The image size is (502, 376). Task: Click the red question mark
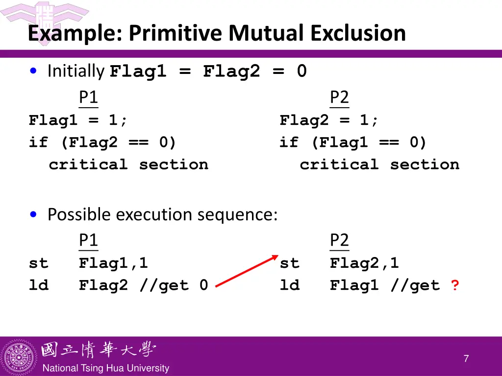click(455, 285)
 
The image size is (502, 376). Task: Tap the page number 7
click(466, 359)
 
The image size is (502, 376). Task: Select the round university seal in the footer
click(19, 357)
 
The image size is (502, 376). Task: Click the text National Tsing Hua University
click(105, 368)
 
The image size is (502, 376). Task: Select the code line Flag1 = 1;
click(78, 120)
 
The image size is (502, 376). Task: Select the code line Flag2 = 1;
click(329, 120)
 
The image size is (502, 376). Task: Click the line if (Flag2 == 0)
click(102, 142)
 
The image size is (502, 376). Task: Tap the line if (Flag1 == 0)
click(353, 142)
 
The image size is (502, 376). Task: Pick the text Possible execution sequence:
click(162, 214)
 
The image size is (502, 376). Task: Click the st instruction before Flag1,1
click(39, 263)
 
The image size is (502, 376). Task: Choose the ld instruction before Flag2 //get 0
click(39, 285)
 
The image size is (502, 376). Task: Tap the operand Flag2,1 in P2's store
click(364, 263)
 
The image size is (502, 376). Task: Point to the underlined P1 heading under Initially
click(88, 97)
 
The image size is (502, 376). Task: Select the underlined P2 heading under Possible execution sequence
click(339, 240)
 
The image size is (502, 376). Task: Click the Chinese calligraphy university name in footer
click(98, 350)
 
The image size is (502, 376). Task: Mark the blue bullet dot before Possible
click(33, 214)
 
